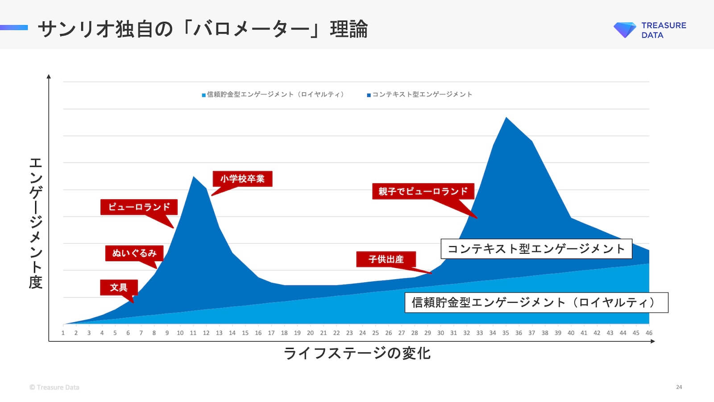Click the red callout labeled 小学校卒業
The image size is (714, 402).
[242, 179]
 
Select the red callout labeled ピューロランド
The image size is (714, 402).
[139, 207]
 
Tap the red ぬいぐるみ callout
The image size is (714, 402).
[134, 253]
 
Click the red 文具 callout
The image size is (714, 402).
[119, 287]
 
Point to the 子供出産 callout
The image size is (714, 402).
[386, 259]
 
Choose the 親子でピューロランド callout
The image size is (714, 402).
[423, 191]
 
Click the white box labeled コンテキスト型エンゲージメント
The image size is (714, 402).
[536, 249]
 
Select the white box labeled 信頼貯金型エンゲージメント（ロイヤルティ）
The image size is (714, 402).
[536, 302]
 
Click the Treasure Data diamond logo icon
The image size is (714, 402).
[624, 30]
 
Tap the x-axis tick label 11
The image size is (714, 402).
[193, 333]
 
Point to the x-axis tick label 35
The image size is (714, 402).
[506, 333]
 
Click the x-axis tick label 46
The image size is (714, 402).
[649, 333]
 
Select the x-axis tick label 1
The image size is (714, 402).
[63, 333]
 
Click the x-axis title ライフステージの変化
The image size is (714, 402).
[357, 353]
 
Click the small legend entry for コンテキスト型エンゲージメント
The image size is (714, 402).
[419, 94]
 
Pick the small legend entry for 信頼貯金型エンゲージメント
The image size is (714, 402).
[273, 94]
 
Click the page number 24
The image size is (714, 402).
[679, 387]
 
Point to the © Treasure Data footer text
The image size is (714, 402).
[54, 387]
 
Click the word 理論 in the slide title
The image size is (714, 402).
[349, 29]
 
